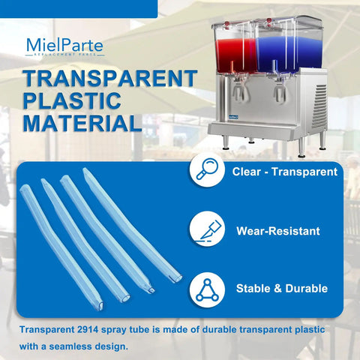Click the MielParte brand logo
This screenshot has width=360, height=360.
64,46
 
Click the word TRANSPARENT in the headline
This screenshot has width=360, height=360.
110,79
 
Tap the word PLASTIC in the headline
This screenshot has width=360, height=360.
72,100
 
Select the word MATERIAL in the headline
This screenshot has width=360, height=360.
82,123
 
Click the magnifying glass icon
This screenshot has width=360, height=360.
207,169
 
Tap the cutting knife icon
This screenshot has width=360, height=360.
207,229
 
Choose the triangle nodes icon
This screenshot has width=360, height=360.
207,290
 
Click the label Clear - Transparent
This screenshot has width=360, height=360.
285,172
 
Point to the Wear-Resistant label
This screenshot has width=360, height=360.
278,231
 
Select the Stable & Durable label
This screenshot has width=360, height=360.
282,289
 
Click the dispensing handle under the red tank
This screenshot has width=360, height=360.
241,89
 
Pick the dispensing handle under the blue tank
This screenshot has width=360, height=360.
280,91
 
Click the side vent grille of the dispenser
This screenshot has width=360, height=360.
321,105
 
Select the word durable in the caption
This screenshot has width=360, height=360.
219,329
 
